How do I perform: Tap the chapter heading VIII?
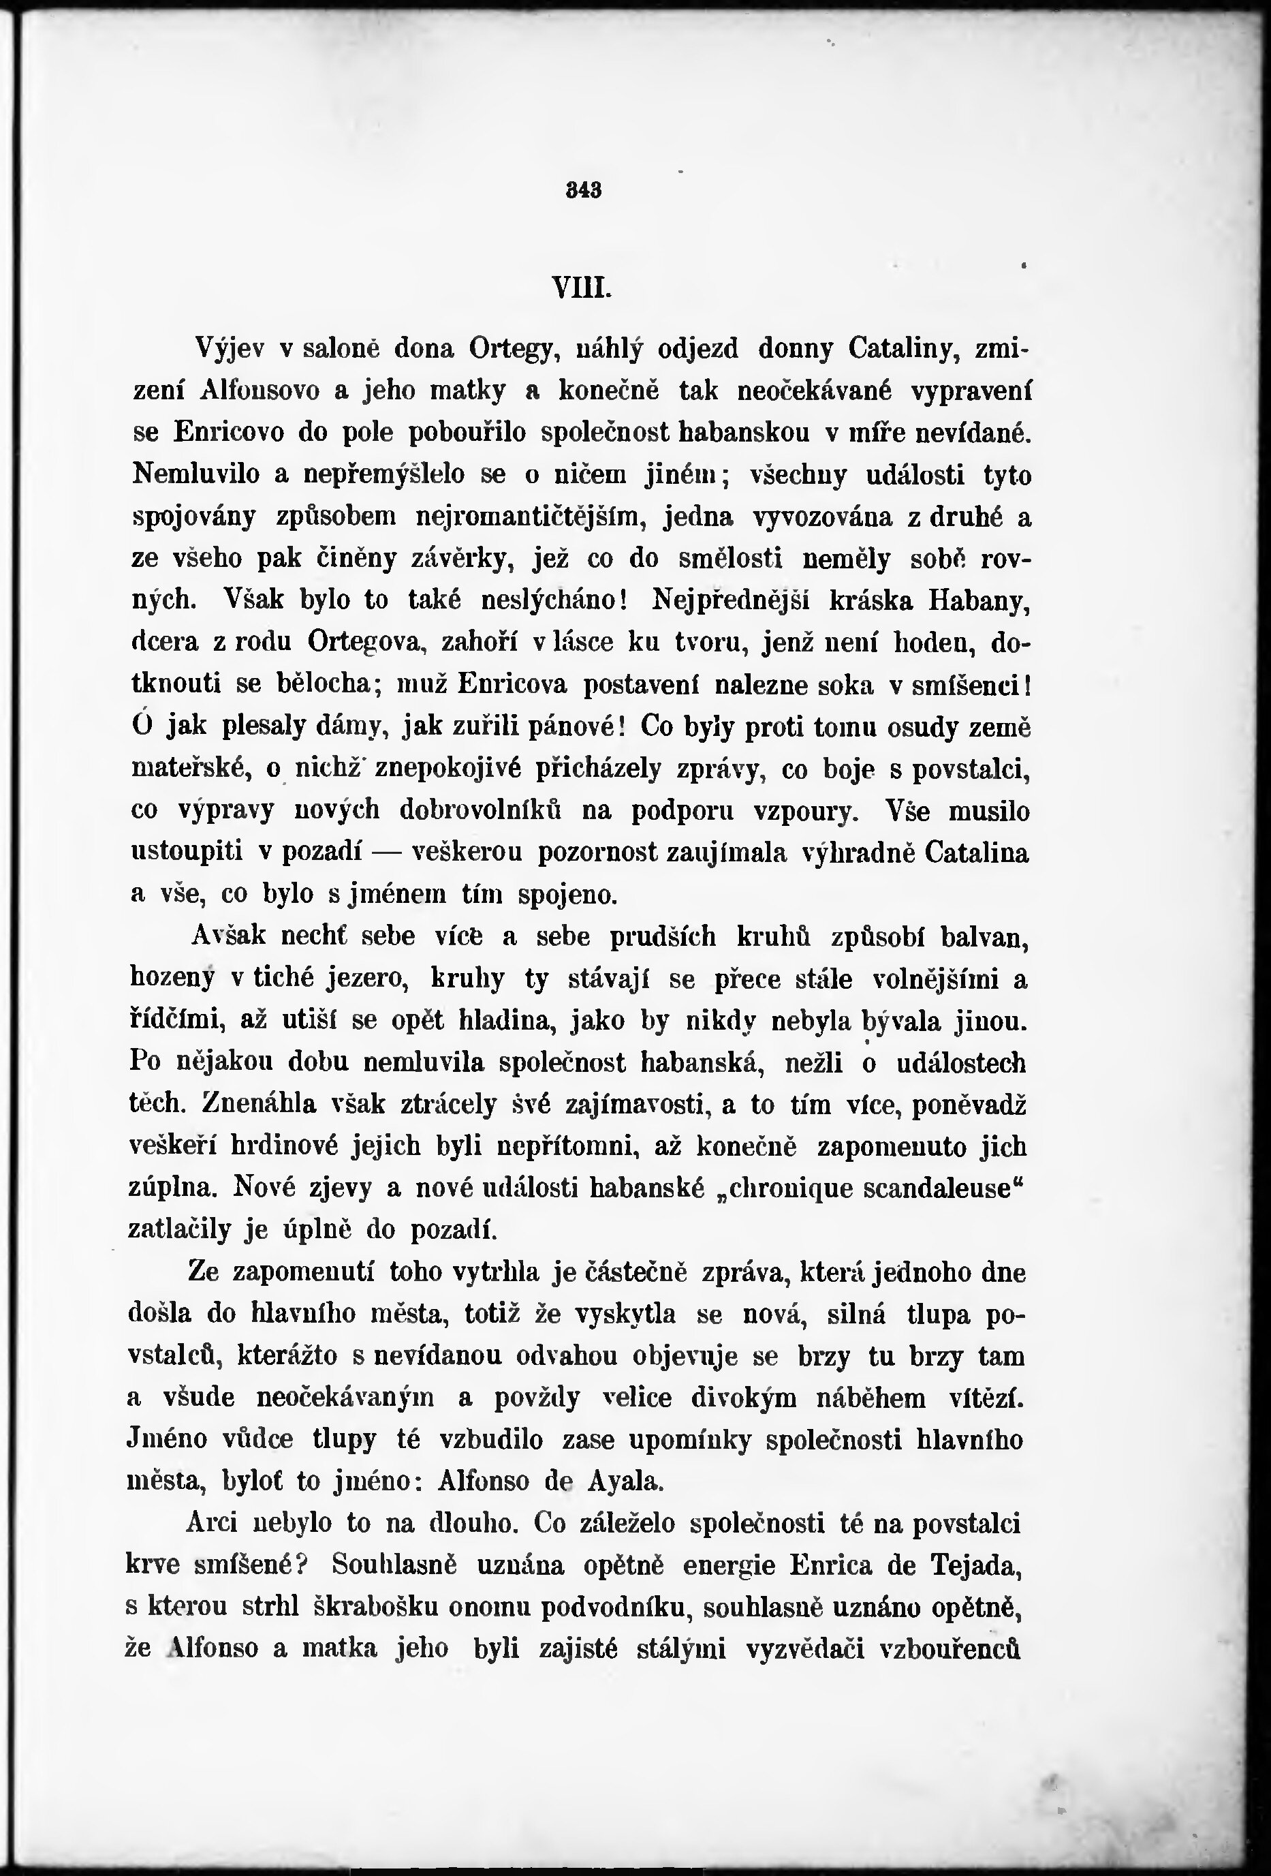pos(581,288)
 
